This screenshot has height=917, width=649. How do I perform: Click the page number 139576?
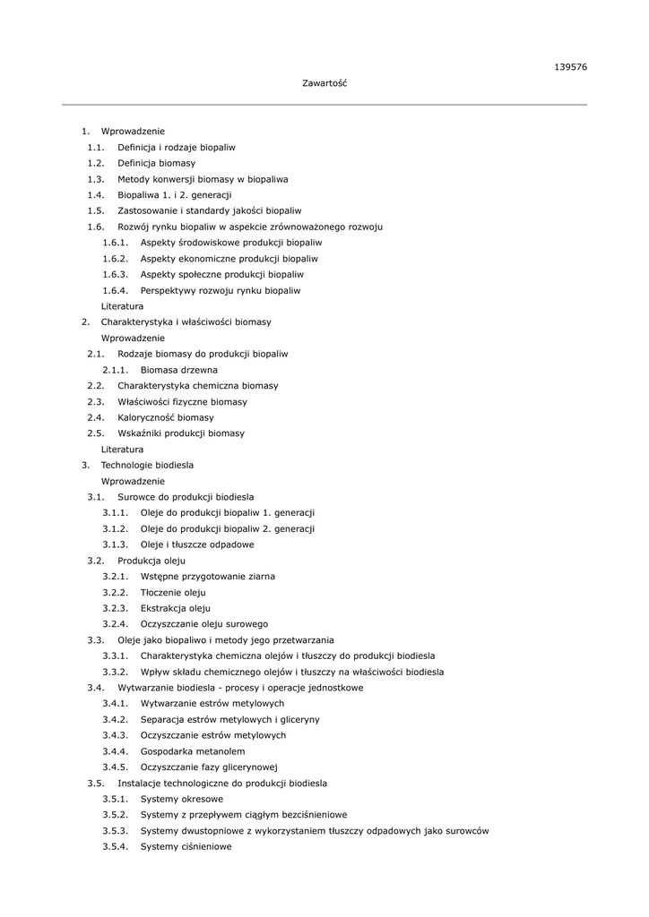(x=570, y=67)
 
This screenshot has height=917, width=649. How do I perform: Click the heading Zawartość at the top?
(x=324, y=83)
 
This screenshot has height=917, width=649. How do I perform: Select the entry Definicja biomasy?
(x=156, y=163)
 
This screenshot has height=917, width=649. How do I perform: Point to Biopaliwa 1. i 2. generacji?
(x=174, y=194)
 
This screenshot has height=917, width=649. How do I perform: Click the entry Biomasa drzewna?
(x=178, y=369)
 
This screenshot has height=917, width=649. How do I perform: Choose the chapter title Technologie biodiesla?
(x=147, y=465)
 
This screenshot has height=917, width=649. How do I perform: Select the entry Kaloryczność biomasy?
(x=165, y=417)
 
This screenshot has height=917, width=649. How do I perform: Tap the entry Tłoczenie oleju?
(x=173, y=592)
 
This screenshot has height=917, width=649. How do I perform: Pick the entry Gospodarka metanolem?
(x=192, y=751)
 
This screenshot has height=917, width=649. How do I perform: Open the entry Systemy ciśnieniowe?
(x=186, y=846)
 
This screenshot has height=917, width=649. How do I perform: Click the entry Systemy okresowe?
(x=182, y=799)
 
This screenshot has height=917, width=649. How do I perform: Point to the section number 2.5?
(x=96, y=433)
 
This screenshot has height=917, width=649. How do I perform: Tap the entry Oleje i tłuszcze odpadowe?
(x=197, y=544)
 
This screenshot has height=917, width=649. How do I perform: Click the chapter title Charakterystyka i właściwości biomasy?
(x=186, y=321)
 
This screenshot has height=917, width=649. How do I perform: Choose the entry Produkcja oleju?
(x=151, y=561)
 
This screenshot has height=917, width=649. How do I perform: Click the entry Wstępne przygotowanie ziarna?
(x=208, y=576)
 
